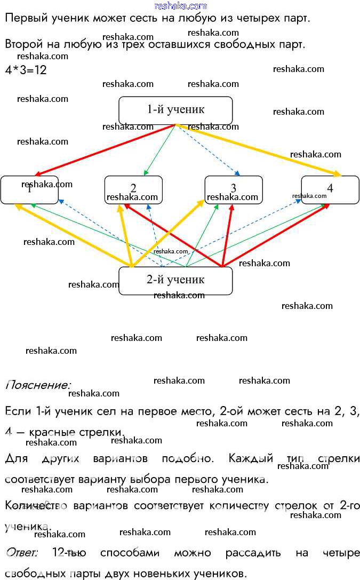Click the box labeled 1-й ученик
point(175,110)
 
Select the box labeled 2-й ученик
point(175,281)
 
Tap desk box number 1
point(29,189)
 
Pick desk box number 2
point(133,189)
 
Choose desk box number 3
point(234,189)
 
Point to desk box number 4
point(330,189)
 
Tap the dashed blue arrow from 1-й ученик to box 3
point(208,150)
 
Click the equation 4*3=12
point(26,70)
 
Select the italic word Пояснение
point(37,384)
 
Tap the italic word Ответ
point(22,553)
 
